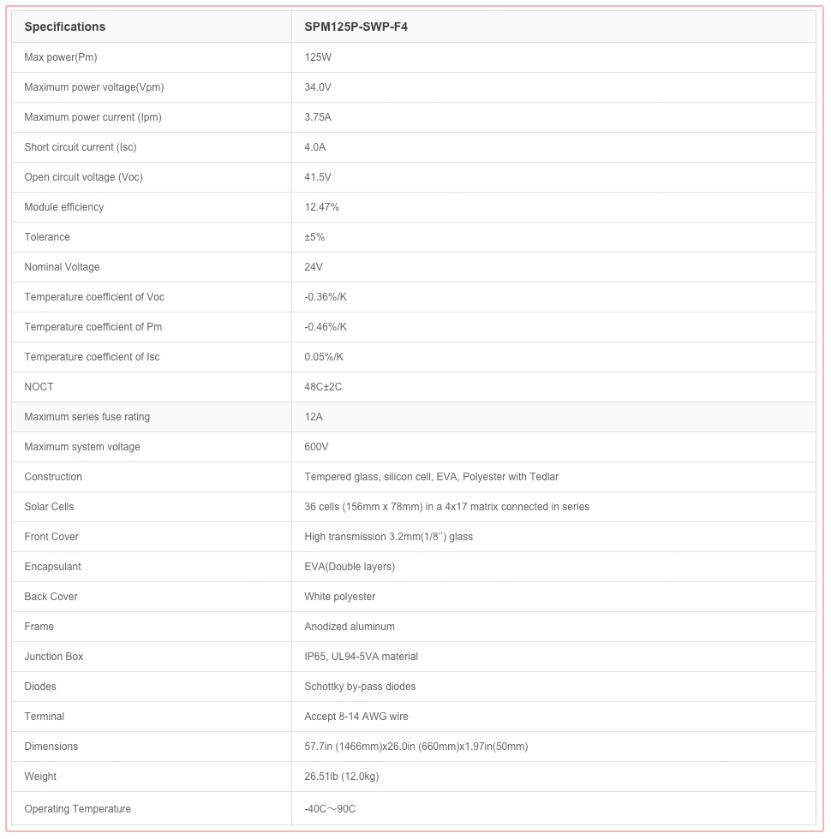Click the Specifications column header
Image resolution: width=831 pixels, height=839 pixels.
(x=65, y=27)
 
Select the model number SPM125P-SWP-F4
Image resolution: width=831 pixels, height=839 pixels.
(x=356, y=27)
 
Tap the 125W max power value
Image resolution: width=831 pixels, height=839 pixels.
(x=318, y=57)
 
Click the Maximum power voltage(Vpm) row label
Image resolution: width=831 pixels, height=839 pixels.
(x=94, y=87)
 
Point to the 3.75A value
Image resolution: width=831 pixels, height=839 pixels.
(x=318, y=117)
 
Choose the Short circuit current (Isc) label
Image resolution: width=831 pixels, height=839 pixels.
(x=81, y=147)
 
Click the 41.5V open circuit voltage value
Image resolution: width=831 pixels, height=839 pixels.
(x=318, y=177)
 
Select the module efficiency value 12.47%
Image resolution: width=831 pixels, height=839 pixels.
(x=322, y=207)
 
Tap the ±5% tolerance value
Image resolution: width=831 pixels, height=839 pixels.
(x=314, y=237)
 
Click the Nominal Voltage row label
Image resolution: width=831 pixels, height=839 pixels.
(x=62, y=267)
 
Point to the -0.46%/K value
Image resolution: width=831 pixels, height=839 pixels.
(x=326, y=327)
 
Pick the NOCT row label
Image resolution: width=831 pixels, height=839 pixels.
(x=39, y=387)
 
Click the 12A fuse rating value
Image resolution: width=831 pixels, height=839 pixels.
(x=314, y=417)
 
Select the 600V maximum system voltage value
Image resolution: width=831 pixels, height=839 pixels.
(x=316, y=447)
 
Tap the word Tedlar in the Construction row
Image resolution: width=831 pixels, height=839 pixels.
(x=542, y=477)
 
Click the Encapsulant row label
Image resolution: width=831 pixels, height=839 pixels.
(x=53, y=567)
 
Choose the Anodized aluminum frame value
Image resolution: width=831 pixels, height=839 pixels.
(x=350, y=627)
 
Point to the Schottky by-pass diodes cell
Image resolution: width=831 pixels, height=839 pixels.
(x=360, y=687)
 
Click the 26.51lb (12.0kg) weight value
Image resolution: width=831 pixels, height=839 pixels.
(x=342, y=777)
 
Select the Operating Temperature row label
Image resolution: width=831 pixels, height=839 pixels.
(x=78, y=809)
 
